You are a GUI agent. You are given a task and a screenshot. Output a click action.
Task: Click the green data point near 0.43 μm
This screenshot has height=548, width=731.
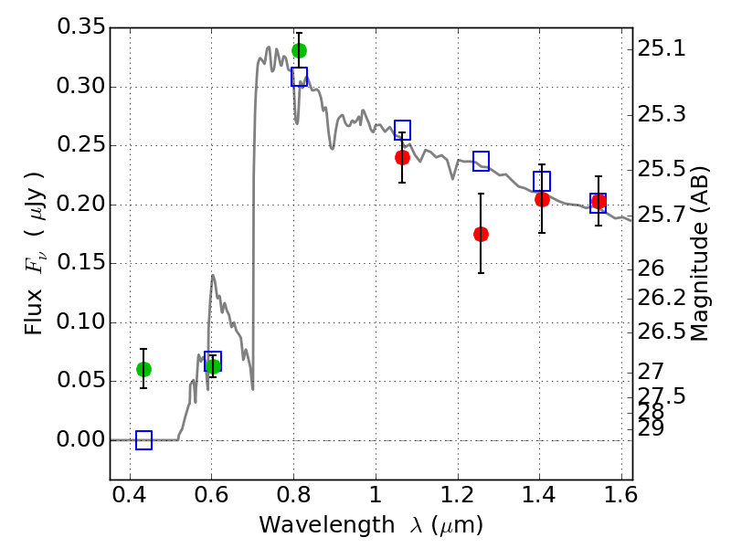pos(143,369)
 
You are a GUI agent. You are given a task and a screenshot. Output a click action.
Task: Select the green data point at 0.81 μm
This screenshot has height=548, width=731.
pos(299,50)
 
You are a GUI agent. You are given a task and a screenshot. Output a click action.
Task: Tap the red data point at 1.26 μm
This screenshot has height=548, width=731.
pos(481,234)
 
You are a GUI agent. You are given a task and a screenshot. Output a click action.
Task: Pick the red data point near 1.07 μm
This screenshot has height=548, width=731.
pos(402,157)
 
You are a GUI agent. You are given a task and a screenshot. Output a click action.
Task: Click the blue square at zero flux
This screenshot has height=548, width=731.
pos(143,440)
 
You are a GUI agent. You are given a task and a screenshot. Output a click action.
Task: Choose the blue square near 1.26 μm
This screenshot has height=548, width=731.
pos(481,162)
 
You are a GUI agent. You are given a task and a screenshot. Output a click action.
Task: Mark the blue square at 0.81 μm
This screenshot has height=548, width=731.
pos(299,77)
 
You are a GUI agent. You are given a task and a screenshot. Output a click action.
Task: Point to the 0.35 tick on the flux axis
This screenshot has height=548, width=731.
pos(82,27)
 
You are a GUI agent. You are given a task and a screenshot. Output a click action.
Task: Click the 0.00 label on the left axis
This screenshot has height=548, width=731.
pos(82,440)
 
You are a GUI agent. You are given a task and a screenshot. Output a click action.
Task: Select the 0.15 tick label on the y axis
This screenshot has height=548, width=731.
pos(82,264)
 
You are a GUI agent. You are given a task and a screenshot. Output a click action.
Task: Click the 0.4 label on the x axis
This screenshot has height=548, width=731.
pos(131,499)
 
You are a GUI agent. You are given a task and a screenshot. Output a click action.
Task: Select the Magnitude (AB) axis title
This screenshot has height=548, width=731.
pos(701,253)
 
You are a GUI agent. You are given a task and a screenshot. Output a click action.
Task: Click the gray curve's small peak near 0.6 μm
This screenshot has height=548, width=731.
pos(213,275)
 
